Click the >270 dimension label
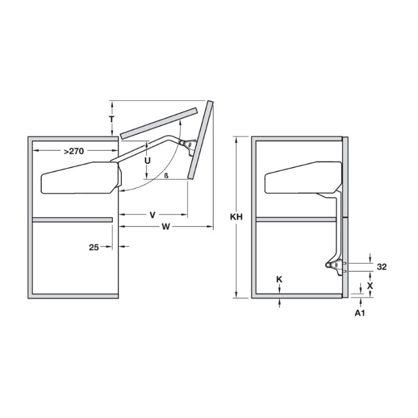coord(73,152)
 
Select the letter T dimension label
coord(111,119)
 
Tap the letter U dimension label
coord(147,161)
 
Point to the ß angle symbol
coord(166,175)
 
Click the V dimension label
coord(153,215)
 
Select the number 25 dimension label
coord(94,247)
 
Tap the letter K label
coord(279,280)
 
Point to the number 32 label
coord(381,267)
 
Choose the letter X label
coord(370,286)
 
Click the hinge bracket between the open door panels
coord(187,143)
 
